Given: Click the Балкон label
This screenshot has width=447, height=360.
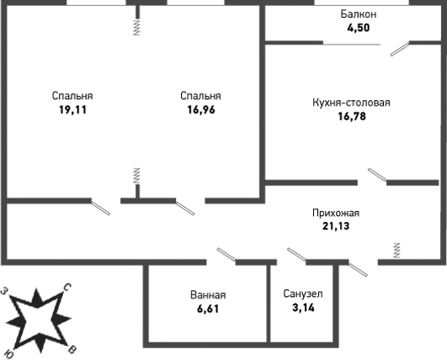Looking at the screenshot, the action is click(x=359, y=14).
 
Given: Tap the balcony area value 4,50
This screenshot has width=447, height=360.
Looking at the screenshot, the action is click(x=359, y=28).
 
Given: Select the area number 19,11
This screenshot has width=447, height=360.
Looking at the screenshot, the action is click(x=72, y=109).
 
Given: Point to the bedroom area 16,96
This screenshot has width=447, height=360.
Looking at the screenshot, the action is click(x=201, y=109).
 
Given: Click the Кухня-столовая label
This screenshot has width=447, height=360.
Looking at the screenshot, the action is click(x=351, y=103).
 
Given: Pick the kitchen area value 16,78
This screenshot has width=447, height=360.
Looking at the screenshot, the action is click(x=352, y=116).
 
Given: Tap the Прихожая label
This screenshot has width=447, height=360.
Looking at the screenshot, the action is click(x=336, y=213).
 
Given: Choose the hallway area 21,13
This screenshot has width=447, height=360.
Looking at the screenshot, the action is click(x=336, y=226).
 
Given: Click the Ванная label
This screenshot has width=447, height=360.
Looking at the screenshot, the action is click(x=208, y=295).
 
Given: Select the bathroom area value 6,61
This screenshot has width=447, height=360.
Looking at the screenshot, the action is click(x=208, y=309).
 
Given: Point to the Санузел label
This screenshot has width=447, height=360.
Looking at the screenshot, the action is click(x=303, y=294).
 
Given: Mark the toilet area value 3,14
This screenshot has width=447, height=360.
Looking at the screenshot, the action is click(x=303, y=307).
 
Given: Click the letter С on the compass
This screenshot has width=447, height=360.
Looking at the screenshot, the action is click(x=67, y=288).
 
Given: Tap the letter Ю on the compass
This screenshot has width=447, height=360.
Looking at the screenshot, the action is click(x=10, y=354).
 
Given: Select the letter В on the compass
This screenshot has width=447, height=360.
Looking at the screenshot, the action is click(x=72, y=349).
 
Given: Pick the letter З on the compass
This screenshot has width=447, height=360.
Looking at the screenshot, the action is click(x=4, y=291).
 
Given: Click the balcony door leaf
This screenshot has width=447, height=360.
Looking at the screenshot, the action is click(x=400, y=50).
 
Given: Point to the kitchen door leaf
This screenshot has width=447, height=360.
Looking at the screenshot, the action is click(x=377, y=175).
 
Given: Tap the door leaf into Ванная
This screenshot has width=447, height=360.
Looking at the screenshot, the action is click(x=226, y=254).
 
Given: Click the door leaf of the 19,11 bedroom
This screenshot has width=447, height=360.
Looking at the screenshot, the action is click(x=101, y=208).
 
